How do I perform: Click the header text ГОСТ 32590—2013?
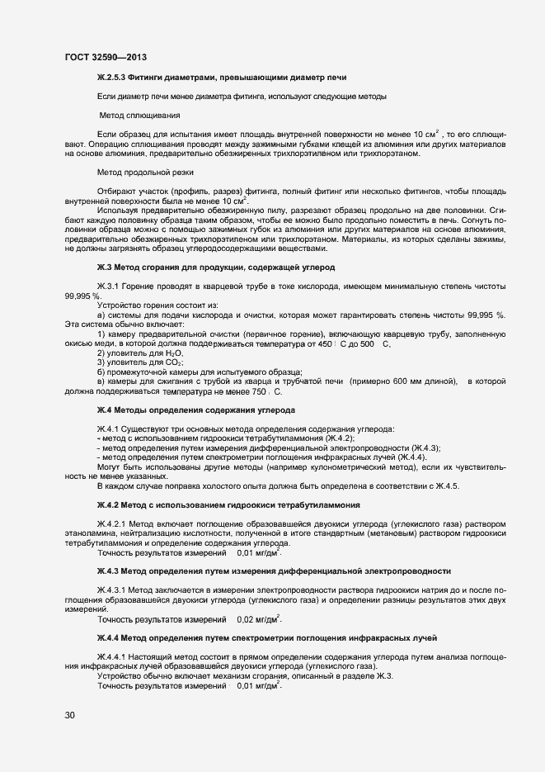click(99, 58)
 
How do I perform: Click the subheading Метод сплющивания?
click(140, 115)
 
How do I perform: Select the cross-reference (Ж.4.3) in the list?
click(421, 448)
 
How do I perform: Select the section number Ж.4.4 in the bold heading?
click(109, 638)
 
